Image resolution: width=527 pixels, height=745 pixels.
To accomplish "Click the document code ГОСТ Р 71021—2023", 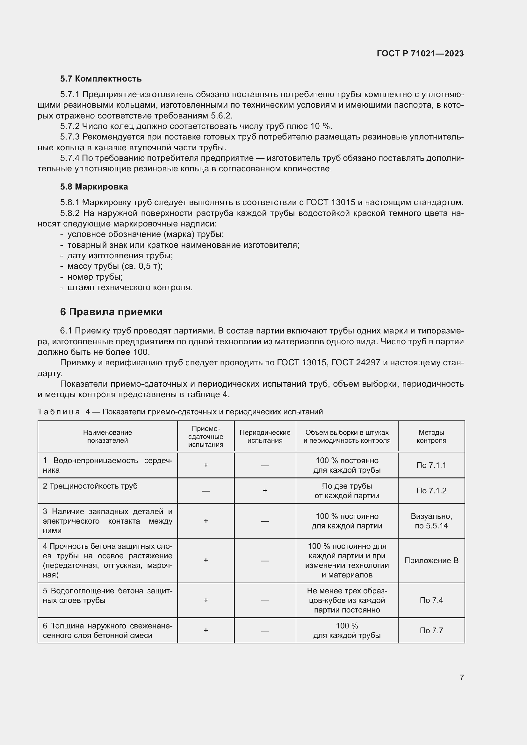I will pyautogui.click(x=420, y=54).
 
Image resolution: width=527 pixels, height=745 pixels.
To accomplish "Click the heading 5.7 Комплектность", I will pyautogui.click(x=101, y=79).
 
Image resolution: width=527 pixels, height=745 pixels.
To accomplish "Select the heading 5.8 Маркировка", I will pyautogui.click(x=94, y=187).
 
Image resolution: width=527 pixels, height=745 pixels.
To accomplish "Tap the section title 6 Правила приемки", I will pyautogui.click(x=111, y=312).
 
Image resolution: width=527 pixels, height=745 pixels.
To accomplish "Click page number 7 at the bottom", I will pyautogui.click(x=461, y=677).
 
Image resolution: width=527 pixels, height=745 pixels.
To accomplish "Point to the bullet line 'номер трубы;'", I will pyautogui.click(x=95, y=277).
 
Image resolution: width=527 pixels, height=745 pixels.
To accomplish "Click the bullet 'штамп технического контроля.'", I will pyautogui.click(x=130, y=288).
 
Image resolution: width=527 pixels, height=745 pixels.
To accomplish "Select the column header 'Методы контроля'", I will pyautogui.click(x=431, y=436).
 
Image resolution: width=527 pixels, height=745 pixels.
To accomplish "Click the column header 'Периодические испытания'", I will pyautogui.click(x=265, y=436).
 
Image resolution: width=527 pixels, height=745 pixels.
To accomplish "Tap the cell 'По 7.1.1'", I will pyautogui.click(x=431, y=465).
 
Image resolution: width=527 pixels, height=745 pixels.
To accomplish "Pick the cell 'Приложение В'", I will pyautogui.click(x=431, y=561).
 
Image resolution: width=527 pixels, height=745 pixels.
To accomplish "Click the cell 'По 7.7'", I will pyautogui.click(x=431, y=630).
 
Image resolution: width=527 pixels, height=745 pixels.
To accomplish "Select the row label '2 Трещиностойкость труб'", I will pyautogui.click(x=90, y=486).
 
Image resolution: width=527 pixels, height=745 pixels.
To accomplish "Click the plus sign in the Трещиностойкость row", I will pyautogui.click(x=265, y=491).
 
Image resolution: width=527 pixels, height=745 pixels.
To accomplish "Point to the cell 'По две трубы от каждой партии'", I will pyautogui.click(x=347, y=491).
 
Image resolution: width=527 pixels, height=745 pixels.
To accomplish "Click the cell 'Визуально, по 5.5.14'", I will pyautogui.click(x=431, y=521).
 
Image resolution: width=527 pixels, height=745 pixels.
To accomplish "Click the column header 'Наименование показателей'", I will pyautogui.click(x=107, y=436).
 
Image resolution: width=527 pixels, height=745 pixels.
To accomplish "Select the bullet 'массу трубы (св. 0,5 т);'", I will pyautogui.click(x=115, y=266).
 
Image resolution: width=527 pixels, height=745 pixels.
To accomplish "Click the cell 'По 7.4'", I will pyautogui.click(x=431, y=600).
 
